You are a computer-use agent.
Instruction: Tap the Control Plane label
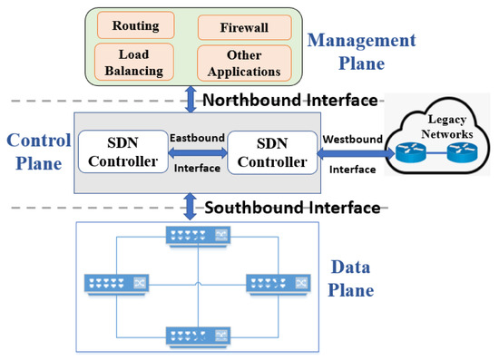tap(35, 152)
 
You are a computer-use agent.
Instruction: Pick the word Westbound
tap(351, 138)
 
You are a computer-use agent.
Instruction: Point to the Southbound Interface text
tap(292, 208)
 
